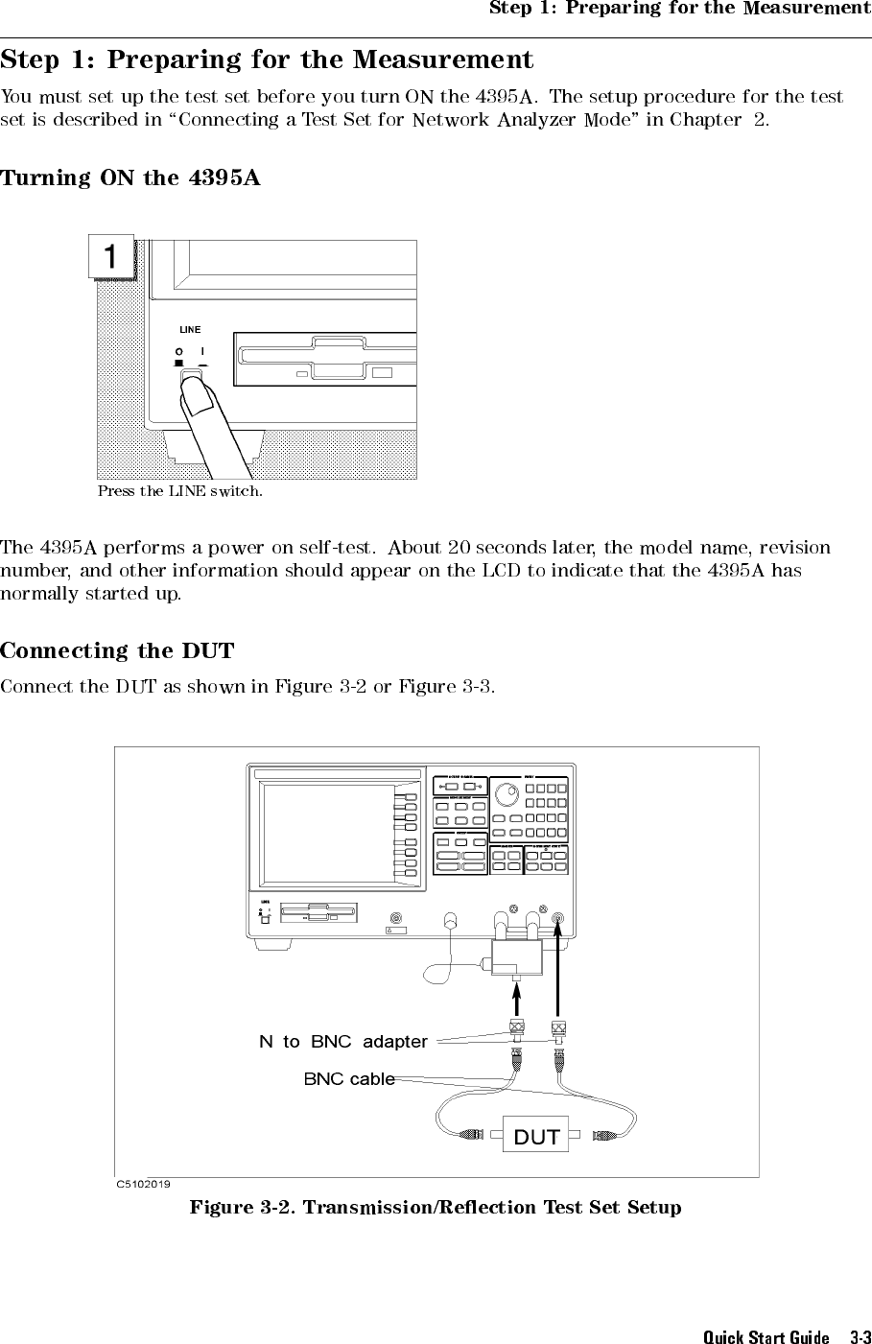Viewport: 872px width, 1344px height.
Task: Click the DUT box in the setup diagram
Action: coord(536,1137)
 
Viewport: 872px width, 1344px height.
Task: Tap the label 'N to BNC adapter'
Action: coord(342,1041)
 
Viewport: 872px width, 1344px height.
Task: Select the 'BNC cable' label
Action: coord(349,1078)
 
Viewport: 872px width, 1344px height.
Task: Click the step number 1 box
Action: coord(111,257)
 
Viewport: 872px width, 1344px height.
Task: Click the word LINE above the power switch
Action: coord(190,330)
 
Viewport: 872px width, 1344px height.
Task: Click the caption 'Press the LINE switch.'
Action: coord(179,492)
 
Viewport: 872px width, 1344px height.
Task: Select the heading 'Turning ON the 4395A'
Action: coord(130,178)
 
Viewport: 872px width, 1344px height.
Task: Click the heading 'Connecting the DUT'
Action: coord(117,651)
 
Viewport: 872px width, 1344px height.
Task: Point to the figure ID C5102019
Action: coord(145,1185)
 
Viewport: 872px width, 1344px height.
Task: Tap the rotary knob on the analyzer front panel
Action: coord(507,794)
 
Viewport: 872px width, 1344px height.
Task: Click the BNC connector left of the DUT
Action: coord(472,1136)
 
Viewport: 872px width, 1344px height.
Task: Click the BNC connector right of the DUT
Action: coord(604,1136)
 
